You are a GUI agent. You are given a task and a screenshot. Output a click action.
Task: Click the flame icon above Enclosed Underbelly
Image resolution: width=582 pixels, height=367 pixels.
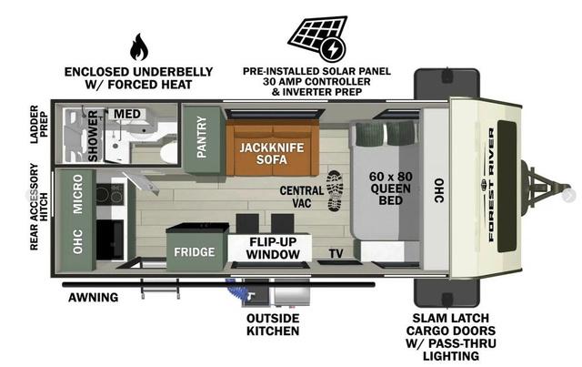pyautogui.click(x=139, y=47)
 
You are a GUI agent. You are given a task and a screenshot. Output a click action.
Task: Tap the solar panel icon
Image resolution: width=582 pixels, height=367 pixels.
pyautogui.click(x=318, y=38)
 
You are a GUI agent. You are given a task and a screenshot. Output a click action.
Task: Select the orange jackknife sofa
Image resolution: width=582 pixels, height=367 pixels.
pyautogui.click(x=272, y=148)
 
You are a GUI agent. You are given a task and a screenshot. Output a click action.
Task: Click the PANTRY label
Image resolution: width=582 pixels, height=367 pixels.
pyautogui.click(x=202, y=137)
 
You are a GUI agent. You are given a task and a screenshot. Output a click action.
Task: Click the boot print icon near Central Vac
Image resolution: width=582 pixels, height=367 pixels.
pyautogui.click(x=334, y=191)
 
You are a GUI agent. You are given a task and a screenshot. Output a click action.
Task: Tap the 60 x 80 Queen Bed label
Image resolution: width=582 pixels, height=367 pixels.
pyautogui.click(x=390, y=189)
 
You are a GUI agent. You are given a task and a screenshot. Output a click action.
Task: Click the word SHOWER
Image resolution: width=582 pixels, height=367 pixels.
pyautogui.click(x=93, y=136)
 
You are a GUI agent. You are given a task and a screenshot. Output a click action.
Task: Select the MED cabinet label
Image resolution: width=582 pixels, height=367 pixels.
pyautogui.click(x=127, y=114)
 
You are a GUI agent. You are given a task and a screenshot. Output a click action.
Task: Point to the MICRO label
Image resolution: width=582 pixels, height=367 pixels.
pyautogui.click(x=77, y=194)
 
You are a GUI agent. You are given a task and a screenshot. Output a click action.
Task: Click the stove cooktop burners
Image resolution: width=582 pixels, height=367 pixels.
pyautogui.click(x=109, y=194)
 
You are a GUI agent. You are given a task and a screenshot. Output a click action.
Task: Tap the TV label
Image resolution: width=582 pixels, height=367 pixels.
pyautogui.click(x=336, y=253)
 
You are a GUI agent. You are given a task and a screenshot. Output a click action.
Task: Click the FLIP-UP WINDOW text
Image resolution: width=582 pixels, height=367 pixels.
pyautogui.click(x=273, y=248)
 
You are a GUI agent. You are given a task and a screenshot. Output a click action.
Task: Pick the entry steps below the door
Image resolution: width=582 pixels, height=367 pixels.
pyautogui.click(x=160, y=289)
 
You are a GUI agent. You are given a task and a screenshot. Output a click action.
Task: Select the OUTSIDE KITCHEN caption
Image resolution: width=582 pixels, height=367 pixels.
pyautogui.click(x=273, y=324)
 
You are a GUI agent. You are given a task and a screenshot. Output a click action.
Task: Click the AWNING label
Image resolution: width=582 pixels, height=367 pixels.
pyautogui.click(x=93, y=298)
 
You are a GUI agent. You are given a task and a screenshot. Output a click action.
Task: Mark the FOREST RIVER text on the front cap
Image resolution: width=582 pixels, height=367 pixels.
pyautogui.click(x=491, y=185)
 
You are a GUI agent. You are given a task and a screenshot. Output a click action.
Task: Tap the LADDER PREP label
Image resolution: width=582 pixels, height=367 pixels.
pyautogui.click(x=38, y=124)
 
